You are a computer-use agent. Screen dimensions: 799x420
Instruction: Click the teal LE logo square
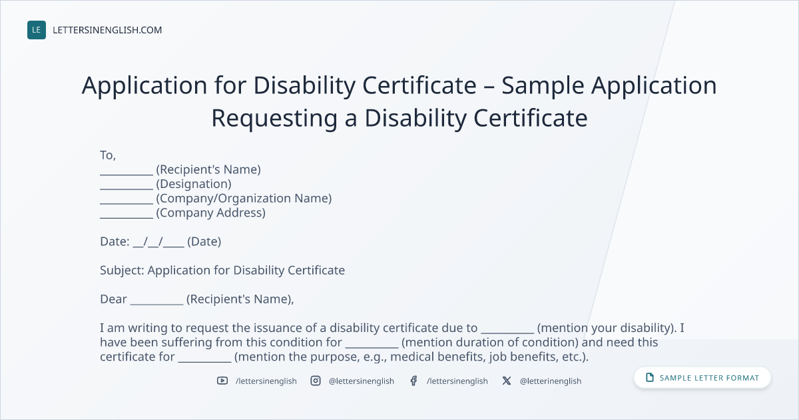point(37,30)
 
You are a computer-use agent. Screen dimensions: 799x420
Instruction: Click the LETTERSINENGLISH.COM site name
point(107,30)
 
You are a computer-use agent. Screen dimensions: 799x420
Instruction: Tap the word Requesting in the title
point(274,119)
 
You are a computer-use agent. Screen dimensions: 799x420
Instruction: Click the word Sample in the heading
point(543,85)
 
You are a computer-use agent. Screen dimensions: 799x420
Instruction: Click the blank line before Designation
point(127,189)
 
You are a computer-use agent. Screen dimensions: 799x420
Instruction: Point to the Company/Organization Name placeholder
point(244,198)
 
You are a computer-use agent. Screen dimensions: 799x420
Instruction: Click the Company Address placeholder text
point(210,213)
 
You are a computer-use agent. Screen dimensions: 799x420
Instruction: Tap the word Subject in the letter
point(122,271)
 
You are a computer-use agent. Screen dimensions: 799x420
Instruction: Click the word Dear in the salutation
point(113,299)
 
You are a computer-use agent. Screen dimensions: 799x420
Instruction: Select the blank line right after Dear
point(156,304)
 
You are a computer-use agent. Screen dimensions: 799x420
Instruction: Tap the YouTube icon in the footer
point(222,381)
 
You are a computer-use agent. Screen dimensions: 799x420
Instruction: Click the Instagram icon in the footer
point(316,381)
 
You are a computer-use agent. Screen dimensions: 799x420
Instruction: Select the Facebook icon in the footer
point(413,381)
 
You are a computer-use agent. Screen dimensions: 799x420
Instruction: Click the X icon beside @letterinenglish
point(507,381)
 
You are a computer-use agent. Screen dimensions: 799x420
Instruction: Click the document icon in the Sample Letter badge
point(650,377)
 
